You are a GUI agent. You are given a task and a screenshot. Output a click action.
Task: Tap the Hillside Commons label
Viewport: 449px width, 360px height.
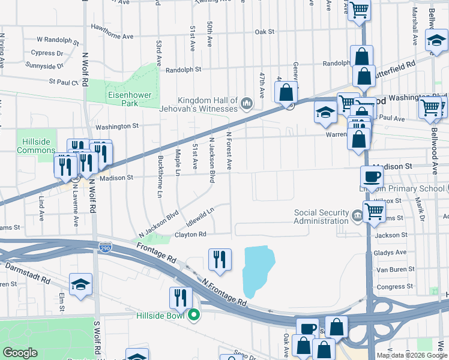tap(36, 146)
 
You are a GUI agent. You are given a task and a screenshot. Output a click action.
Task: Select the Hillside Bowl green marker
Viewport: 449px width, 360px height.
tap(193, 314)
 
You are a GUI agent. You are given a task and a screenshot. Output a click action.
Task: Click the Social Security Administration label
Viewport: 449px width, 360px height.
tap(321, 217)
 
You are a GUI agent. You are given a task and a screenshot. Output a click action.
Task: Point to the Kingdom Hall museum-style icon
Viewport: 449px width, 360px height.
tap(246, 105)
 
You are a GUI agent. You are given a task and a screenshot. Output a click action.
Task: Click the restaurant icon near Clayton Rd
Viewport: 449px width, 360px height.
tap(219, 259)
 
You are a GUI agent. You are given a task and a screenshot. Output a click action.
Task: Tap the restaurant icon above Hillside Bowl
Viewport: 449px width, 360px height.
tap(180, 297)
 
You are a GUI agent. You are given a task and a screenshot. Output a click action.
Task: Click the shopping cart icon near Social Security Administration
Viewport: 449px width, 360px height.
tap(375, 211)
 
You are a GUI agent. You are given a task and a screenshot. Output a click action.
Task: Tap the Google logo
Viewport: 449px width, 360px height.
tap(20, 353)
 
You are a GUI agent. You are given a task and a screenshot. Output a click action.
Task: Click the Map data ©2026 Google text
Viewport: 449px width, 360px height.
tap(411, 355)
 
